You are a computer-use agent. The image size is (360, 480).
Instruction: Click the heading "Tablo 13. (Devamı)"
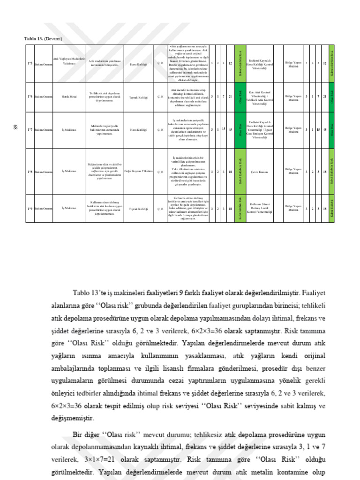[44, 38]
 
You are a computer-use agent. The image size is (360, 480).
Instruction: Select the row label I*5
[30, 64]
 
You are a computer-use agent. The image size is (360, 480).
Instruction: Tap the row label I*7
[30, 130]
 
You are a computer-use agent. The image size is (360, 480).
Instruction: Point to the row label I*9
[30, 208]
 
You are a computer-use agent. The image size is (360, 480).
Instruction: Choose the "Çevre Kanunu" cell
[259, 172]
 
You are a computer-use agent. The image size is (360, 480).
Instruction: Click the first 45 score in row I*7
[230, 130]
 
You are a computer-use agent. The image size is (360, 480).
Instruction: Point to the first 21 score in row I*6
[230, 97]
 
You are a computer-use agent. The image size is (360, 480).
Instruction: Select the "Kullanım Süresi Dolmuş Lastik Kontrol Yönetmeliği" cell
[259, 208]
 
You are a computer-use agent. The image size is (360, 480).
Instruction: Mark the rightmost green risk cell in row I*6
[332, 97]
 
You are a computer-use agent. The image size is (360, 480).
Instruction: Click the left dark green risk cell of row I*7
[240, 130]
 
